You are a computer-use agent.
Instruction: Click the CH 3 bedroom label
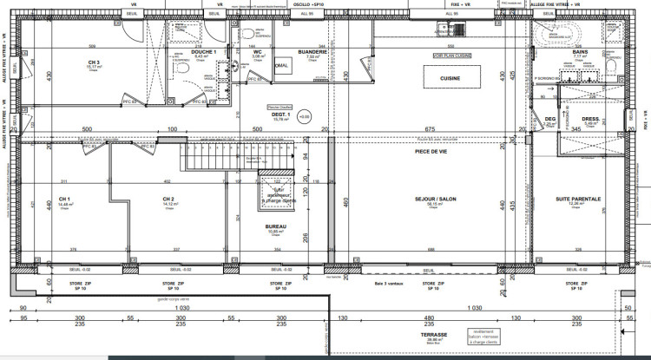pyautogui.click(x=93, y=62)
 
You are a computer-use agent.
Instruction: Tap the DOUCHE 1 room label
pyautogui.click(x=203, y=52)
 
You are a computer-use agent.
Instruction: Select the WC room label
pyautogui.click(x=258, y=52)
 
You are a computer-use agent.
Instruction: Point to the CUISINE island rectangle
pyautogui.click(x=450, y=78)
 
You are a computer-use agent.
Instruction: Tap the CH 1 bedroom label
pyautogui.click(x=64, y=199)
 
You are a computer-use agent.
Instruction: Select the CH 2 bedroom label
pyautogui.click(x=168, y=199)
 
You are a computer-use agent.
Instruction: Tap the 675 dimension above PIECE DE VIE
pyautogui.click(x=430, y=129)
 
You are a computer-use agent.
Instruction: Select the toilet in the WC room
pyautogui.click(x=251, y=35)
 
